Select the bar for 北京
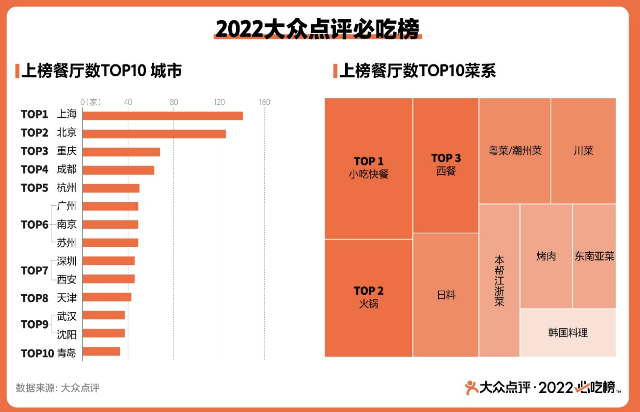point(154,134)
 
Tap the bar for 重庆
point(121,152)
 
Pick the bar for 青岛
point(101,351)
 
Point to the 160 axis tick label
point(264,102)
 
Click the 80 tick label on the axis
point(174,102)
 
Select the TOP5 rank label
point(34,188)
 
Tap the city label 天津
point(66,298)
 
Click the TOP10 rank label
point(37,353)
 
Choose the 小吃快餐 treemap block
point(368,168)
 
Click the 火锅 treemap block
point(368,298)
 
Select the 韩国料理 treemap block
point(568,333)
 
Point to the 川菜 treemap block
point(583,150)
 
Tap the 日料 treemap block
point(446,295)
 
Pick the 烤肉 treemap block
point(546,256)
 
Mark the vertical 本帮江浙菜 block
point(499,280)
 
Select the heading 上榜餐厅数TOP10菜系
point(417,71)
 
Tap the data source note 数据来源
point(58,388)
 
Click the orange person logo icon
point(471,387)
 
